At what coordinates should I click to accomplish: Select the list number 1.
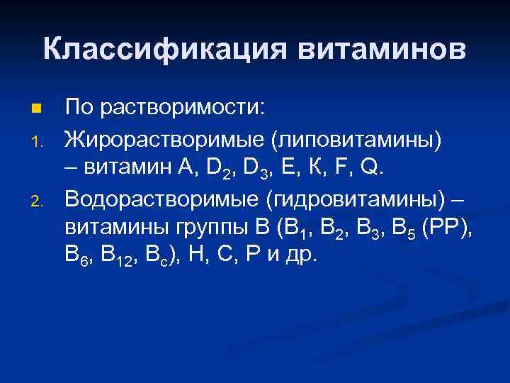coord(36,140)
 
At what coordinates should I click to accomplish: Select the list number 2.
coord(36,204)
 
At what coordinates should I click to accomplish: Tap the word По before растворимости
coord(79,109)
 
